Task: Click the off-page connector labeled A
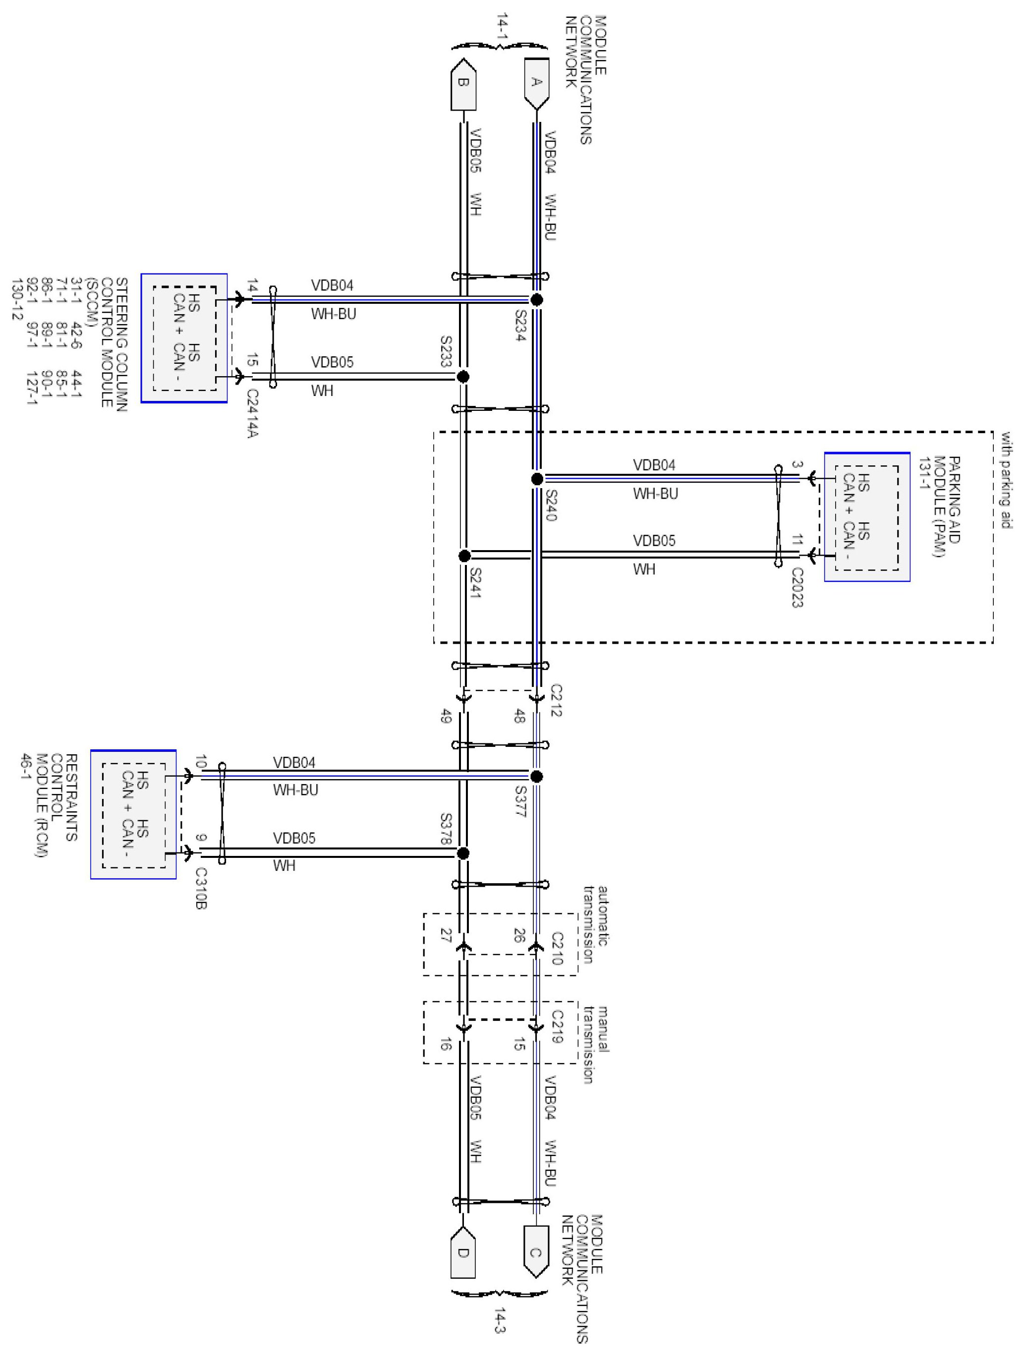click(x=536, y=82)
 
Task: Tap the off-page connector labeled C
click(x=536, y=1252)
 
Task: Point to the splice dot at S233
click(x=462, y=377)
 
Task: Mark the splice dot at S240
click(x=537, y=479)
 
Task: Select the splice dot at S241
click(x=464, y=556)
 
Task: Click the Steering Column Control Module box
click(x=184, y=338)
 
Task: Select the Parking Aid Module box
click(x=867, y=517)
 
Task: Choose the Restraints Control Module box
click(x=133, y=815)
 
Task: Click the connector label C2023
click(x=797, y=587)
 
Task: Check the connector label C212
click(x=556, y=700)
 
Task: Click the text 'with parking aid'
click(x=1006, y=480)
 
